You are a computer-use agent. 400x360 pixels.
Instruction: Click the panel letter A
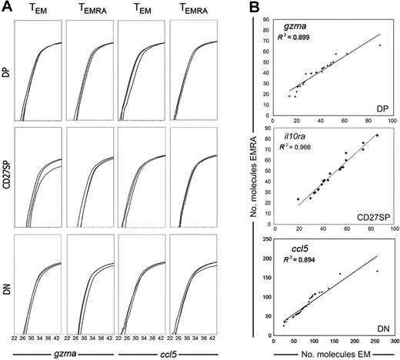click(x=7, y=8)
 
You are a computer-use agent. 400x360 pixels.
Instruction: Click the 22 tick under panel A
click(x=16, y=337)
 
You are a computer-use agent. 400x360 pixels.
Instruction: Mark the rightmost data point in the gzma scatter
click(x=378, y=45)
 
